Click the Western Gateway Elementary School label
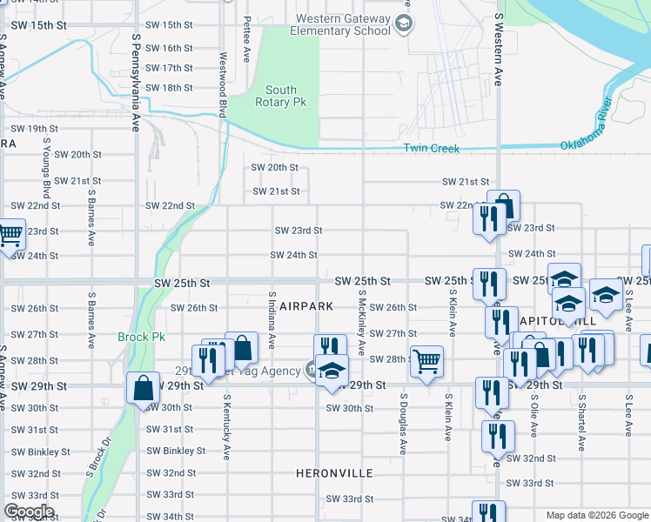[x=342, y=24]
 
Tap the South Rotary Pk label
[x=281, y=96]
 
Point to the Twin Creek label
[x=431, y=149]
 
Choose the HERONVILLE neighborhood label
[x=334, y=473]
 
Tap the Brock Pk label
[x=135, y=337]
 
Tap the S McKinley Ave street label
[x=361, y=322]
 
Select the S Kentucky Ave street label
[x=226, y=427]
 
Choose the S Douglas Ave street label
[x=403, y=425]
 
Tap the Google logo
[x=28, y=512]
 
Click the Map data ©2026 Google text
[x=596, y=516]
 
